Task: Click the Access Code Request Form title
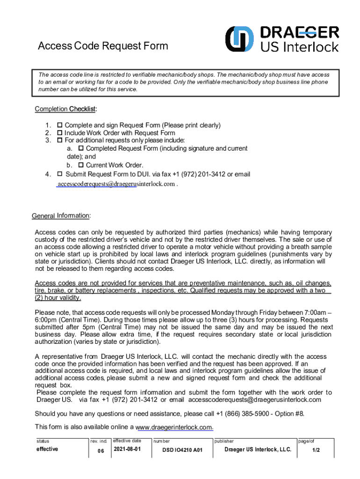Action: click(102, 46)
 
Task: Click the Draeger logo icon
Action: click(240, 39)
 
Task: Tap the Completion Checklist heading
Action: click(65, 109)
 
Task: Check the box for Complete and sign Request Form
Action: click(60, 125)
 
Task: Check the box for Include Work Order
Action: click(60, 133)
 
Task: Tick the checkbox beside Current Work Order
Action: click(81, 165)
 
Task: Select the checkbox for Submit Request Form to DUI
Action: click(60, 174)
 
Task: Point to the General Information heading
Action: click(61, 216)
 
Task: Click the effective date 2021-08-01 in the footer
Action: click(126, 450)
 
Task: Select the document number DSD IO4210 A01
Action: click(182, 451)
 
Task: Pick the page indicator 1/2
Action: click(316, 450)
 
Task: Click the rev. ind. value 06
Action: click(101, 451)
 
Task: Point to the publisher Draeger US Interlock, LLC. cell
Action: click(258, 450)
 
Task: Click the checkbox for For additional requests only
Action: click(60, 140)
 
